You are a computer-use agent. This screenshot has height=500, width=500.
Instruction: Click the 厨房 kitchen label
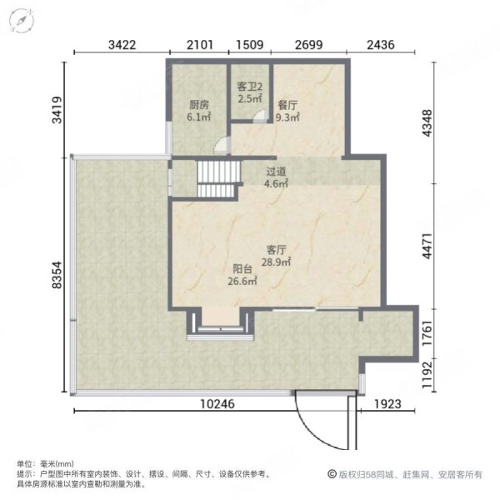coord(198,105)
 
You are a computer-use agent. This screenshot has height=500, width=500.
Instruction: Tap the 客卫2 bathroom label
coord(249,86)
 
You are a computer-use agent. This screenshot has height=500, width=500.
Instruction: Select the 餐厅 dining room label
coord(288,105)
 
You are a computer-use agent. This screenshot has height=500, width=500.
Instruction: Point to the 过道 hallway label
coord(276,172)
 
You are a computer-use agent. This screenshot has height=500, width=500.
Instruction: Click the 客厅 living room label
coord(277,249)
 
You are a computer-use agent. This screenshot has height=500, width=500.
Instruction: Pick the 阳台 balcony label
coord(243,269)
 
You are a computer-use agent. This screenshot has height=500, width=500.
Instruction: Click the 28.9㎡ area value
coord(277,262)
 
